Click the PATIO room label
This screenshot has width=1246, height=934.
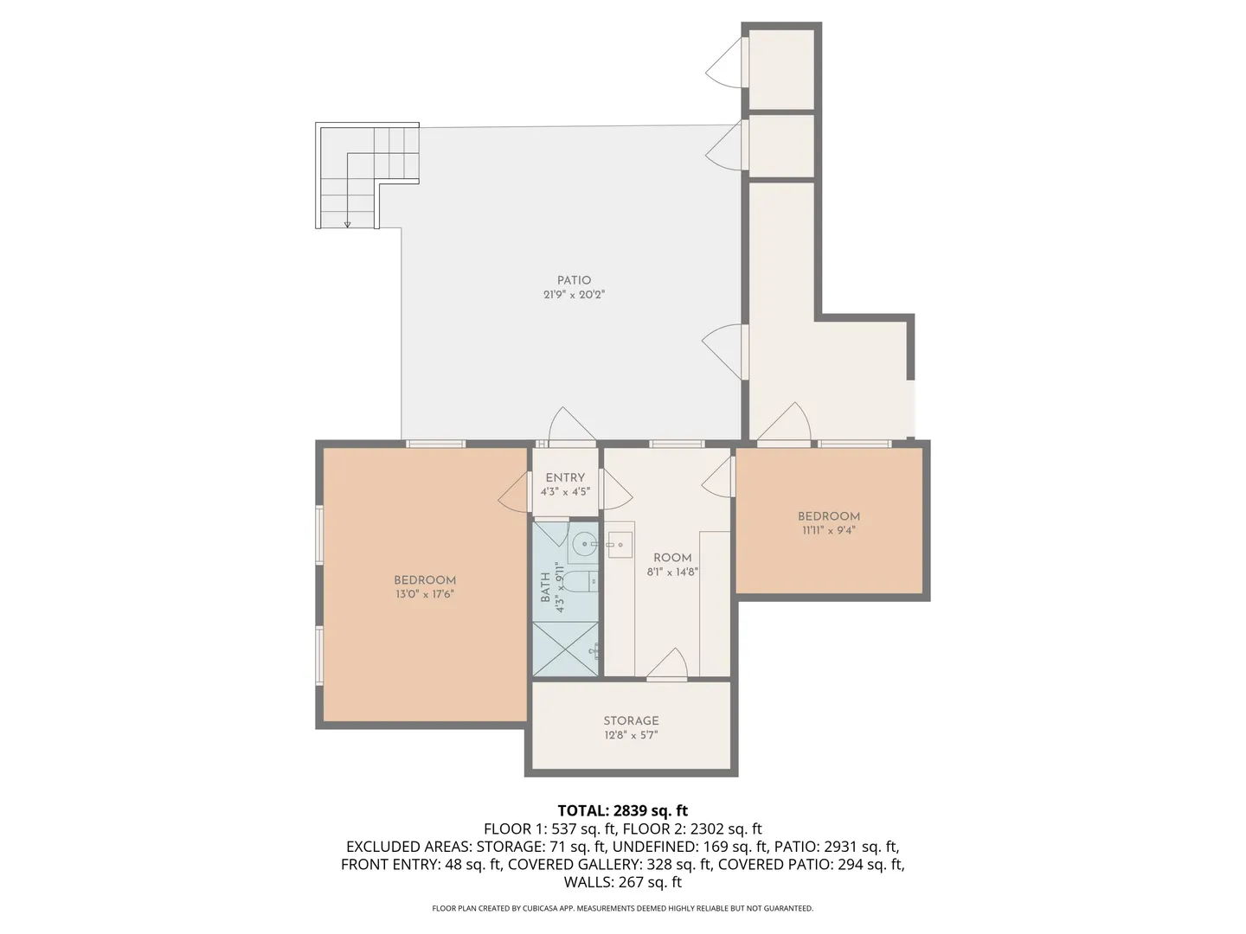pos(574,280)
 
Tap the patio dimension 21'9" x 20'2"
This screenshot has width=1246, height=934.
pos(574,295)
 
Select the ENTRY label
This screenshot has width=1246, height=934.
pos(565,477)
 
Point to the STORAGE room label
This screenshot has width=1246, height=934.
pos(631,720)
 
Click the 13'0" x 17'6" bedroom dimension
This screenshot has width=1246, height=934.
pos(425,594)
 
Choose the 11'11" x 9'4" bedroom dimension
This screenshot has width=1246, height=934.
pos(828,531)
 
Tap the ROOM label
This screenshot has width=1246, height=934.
pos(672,558)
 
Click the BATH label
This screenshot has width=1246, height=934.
pos(545,587)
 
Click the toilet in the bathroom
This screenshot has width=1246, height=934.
pos(582,581)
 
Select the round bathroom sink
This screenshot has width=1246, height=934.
pos(583,545)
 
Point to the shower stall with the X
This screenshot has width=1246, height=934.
pos(565,649)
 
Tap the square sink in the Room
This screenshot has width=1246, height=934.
pos(620,545)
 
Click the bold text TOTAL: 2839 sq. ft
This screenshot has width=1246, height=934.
pos(623,810)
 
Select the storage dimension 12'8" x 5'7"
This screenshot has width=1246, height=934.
pos(631,735)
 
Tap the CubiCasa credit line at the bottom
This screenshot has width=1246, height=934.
pos(623,908)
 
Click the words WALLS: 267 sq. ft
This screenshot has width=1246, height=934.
pos(623,882)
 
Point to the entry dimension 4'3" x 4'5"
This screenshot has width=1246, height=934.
pos(565,492)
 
